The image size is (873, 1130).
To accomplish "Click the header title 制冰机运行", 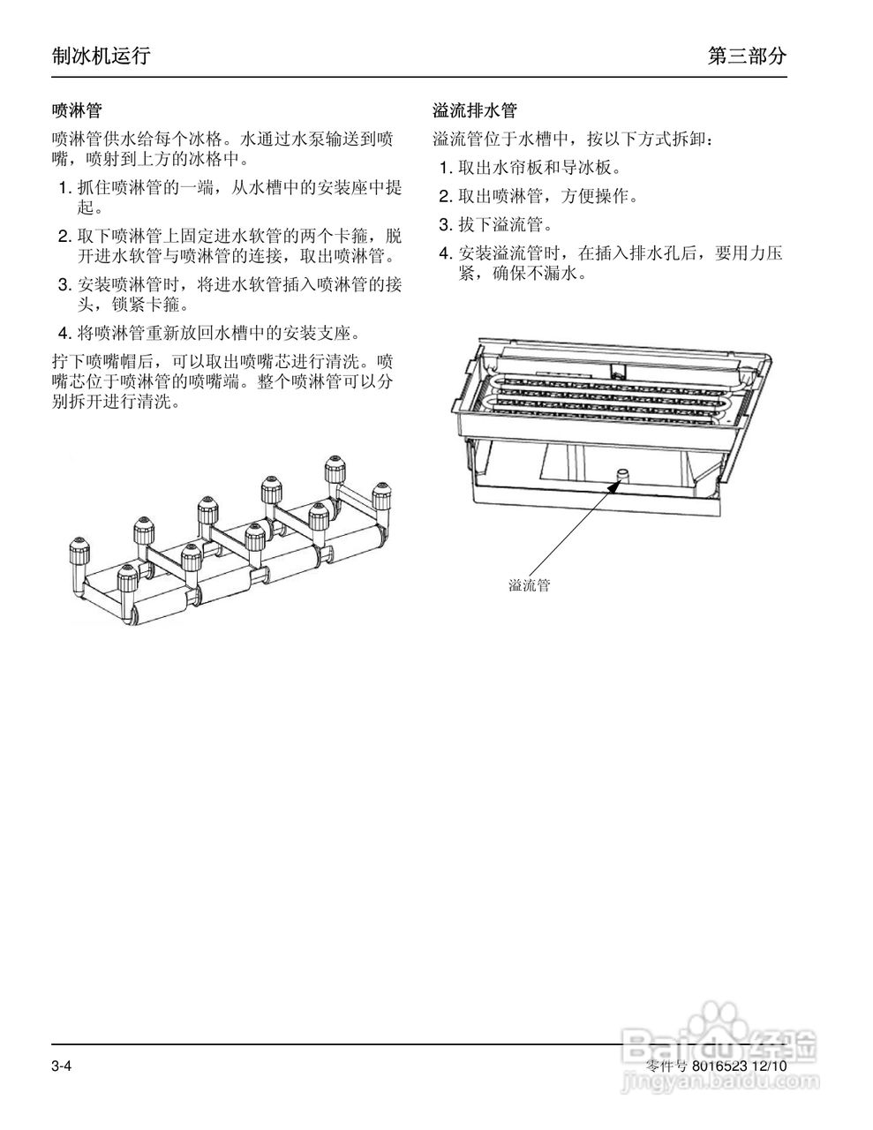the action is [101, 56].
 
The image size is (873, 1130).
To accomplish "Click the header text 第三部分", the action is [747, 56].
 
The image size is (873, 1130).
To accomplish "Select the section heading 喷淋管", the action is [77, 111].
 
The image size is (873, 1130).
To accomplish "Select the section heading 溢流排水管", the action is [475, 111].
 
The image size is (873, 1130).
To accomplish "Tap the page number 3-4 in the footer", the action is [61, 1066].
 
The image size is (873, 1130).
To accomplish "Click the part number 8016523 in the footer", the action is [719, 1066].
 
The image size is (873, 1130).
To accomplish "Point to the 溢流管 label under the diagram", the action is [529, 585].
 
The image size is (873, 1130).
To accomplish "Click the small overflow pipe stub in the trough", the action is [621, 475].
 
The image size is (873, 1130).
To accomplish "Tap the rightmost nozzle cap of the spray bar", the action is [380, 493].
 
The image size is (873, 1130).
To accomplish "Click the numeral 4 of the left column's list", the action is [64, 334].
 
